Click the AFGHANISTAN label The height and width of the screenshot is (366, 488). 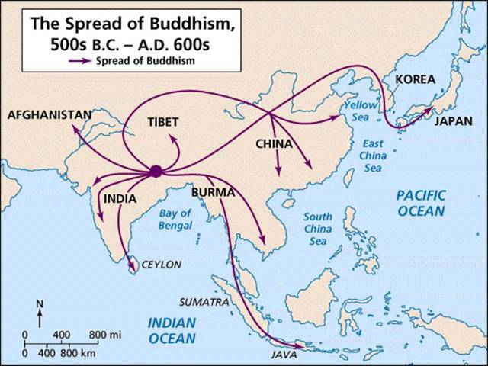(x=49, y=115)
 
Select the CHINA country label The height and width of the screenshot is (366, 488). (x=273, y=143)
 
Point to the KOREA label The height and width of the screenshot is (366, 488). (x=415, y=79)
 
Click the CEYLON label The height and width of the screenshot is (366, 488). (x=160, y=265)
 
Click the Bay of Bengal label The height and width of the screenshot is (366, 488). (x=175, y=219)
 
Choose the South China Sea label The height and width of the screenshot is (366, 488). (x=316, y=227)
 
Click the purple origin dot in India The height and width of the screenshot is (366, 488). (x=156, y=172)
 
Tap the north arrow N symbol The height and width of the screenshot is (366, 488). (x=40, y=303)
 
